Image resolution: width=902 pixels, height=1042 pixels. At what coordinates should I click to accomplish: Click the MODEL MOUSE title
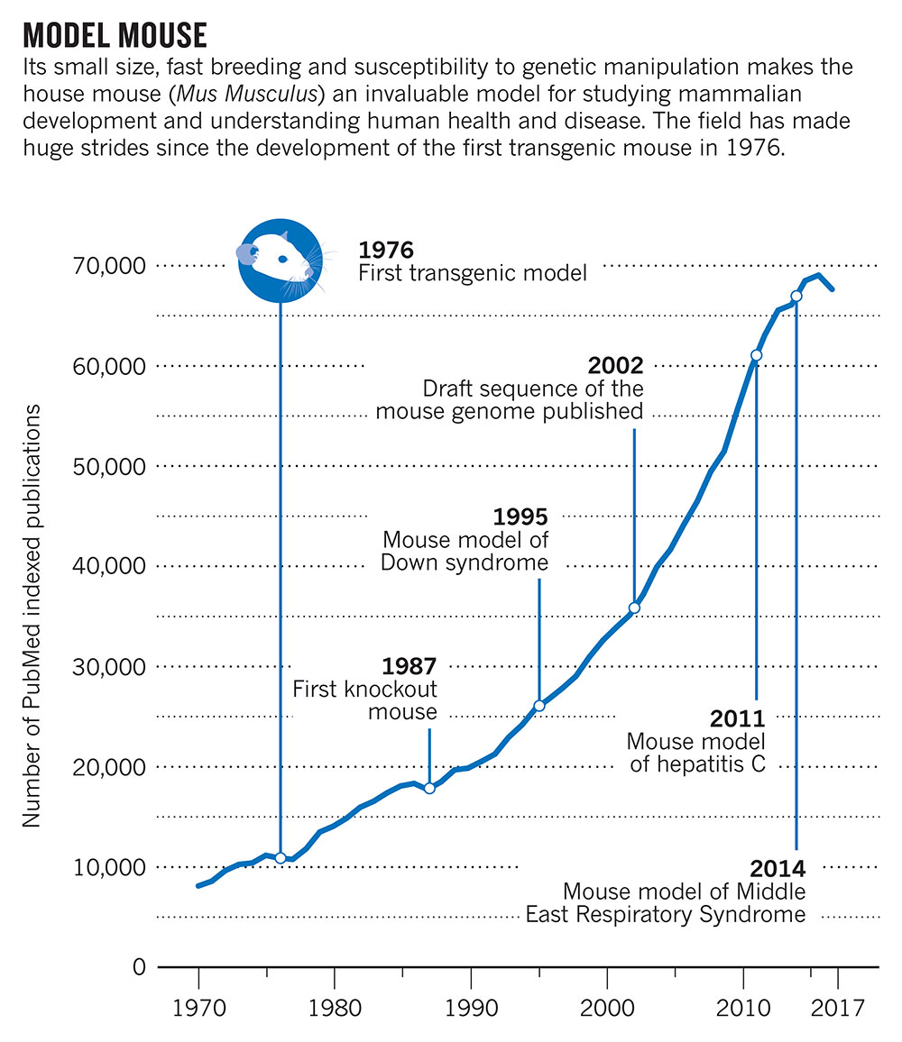click(115, 35)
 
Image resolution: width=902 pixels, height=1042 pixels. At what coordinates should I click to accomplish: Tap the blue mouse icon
click(281, 260)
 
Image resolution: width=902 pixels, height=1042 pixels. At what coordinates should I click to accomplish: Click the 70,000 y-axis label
click(109, 266)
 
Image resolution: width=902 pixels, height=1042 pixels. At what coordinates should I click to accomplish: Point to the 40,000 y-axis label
click(109, 566)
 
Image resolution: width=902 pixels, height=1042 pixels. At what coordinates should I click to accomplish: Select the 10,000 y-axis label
click(109, 867)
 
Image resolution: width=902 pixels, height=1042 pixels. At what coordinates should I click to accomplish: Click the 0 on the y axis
click(138, 967)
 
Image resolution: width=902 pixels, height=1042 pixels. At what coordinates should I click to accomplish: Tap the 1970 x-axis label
click(199, 1008)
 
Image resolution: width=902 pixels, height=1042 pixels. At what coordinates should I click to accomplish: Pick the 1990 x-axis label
click(471, 1008)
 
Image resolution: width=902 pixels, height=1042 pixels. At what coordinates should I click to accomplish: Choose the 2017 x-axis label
click(837, 1008)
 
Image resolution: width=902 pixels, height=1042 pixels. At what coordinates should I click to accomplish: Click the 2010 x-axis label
click(743, 1008)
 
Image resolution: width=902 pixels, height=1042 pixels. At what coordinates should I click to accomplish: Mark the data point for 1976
click(280, 858)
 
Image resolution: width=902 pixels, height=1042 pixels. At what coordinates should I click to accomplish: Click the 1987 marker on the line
click(429, 788)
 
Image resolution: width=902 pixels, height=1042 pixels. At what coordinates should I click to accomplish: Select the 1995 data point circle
click(539, 706)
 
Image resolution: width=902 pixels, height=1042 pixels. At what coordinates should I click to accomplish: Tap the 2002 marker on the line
click(634, 608)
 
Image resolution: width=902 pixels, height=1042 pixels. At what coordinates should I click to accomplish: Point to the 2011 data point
click(756, 355)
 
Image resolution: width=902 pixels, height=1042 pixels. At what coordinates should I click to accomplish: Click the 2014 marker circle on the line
click(796, 296)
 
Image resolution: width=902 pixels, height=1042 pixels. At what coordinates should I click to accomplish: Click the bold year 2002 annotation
click(615, 365)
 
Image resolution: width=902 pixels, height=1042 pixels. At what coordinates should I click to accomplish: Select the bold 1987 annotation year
click(410, 666)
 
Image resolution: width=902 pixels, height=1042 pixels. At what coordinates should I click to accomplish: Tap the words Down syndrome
click(465, 562)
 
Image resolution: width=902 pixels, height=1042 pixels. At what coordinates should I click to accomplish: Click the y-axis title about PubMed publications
click(32, 616)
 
